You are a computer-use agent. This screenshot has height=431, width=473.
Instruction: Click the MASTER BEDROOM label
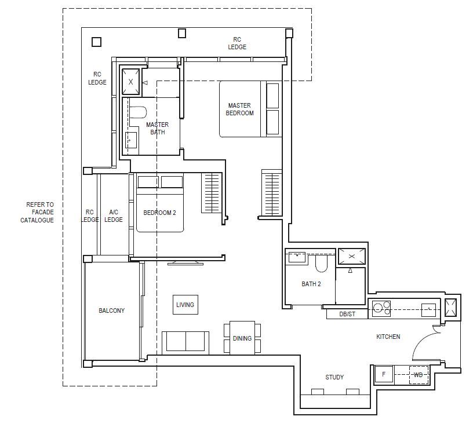[239, 109]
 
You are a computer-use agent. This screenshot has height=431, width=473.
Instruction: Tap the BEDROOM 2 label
[159, 213]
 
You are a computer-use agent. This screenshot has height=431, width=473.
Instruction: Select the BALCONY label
[112, 311]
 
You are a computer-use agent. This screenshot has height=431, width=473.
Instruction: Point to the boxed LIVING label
[185, 305]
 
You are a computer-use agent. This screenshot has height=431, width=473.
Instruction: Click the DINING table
[242, 338]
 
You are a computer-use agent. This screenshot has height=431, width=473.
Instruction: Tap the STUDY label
[334, 377]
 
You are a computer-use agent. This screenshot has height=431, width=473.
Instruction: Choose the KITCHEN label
[388, 337]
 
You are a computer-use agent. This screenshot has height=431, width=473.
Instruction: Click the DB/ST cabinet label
[347, 314]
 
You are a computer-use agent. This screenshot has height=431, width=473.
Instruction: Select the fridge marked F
[384, 375]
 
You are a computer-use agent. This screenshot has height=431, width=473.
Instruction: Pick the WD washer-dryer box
[419, 375]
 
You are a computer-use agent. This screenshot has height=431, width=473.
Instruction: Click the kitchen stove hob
[381, 308]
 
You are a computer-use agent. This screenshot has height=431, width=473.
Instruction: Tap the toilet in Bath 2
[321, 263]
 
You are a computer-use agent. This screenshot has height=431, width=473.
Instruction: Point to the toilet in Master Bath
[138, 112]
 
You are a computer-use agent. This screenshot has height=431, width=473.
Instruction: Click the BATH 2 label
[311, 284]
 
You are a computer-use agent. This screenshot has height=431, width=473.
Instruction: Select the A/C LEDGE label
[114, 216]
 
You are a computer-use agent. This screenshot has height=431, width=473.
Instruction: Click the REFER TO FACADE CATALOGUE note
[37, 212]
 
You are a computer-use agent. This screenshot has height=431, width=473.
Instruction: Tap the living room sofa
[185, 343]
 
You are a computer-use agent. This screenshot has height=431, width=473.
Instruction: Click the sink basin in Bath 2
[297, 257]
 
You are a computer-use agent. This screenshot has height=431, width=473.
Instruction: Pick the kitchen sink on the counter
[429, 310]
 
